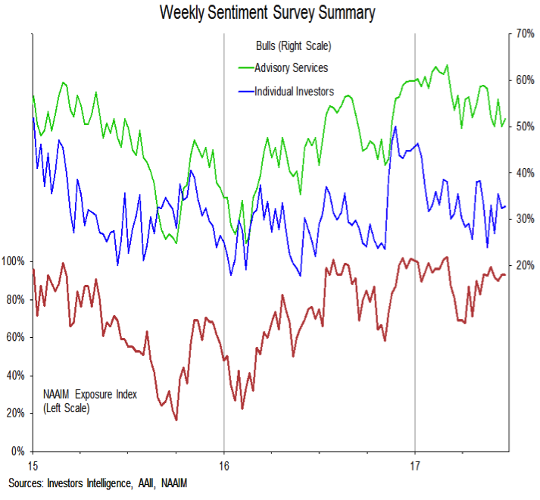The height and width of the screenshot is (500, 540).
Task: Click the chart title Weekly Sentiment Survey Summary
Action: click(x=268, y=13)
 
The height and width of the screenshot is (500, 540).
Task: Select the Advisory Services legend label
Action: click(x=291, y=68)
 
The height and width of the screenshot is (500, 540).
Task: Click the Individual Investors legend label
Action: click(x=294, y=92)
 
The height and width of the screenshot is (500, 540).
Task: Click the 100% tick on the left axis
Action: click(x=14, y=262)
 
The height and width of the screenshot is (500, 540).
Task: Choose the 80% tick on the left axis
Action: click(x=16, y=300)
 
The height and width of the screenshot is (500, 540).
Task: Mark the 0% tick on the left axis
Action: click(x=19, y=452)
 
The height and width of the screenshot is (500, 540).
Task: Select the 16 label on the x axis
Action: click(x=224, y=464)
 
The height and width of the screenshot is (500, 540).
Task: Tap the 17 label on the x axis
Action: click(x=415, y=464)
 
